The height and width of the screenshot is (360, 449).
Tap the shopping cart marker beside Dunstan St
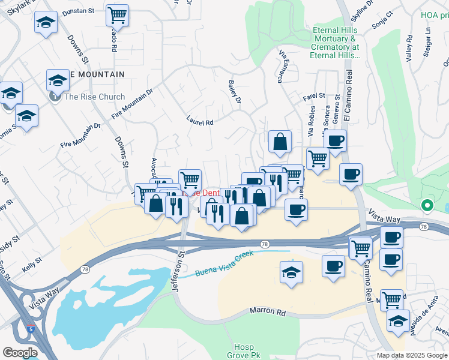118,16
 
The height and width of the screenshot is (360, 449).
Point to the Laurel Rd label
200,121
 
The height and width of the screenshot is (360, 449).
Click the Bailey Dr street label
234,92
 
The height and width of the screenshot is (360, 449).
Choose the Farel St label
313,96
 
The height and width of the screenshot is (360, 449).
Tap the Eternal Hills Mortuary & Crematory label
334,43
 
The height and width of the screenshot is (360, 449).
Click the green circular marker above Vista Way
427,206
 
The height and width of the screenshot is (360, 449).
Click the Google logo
20,353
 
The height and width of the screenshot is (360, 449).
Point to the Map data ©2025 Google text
412,355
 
